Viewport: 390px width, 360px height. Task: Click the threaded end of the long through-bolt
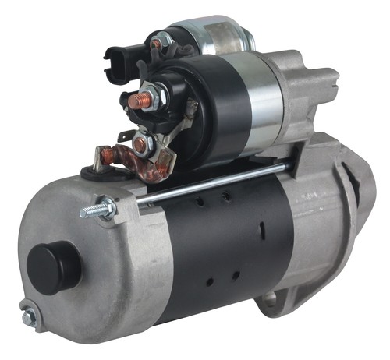tap(88, 210)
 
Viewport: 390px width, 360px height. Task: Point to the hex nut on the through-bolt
tap(105, 207)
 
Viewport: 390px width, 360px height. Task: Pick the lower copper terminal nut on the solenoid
tap(141, 144)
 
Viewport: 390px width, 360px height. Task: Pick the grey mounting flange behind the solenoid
tap(312, 86)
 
